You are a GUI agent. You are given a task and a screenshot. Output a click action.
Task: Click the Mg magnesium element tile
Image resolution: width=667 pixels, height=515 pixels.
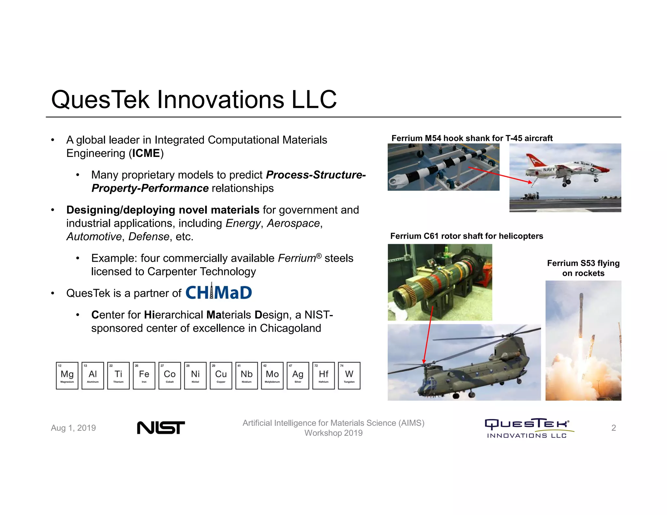point(67,375)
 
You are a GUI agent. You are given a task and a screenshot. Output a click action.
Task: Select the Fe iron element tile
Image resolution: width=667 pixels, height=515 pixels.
point(144,375)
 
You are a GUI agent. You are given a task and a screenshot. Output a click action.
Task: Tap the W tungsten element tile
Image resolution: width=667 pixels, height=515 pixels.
point(349,375)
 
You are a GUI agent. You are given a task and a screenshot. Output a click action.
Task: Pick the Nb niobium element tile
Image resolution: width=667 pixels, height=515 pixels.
point(247,375)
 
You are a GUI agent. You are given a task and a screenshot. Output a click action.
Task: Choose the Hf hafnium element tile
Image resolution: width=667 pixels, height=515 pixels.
point(323,375)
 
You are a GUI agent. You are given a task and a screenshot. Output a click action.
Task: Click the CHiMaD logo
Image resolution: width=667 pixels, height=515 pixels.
point(219,292)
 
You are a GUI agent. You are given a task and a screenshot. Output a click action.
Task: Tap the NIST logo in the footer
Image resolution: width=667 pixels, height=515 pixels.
point(161,427)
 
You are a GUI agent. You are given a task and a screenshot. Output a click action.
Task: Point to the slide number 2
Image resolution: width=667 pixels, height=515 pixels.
point(614,428)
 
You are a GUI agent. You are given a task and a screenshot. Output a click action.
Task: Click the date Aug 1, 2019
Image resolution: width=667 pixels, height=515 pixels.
point(73,428)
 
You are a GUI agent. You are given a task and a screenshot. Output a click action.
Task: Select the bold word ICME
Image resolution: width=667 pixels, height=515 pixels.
point(146,153)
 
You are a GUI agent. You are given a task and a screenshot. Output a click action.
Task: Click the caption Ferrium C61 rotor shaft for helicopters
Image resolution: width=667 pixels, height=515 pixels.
point(466,236)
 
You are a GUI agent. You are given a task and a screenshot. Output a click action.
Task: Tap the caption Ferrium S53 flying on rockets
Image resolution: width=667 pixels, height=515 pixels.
point(583,268)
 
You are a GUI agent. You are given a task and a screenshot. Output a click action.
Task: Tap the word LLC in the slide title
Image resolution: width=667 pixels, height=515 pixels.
point(314,99)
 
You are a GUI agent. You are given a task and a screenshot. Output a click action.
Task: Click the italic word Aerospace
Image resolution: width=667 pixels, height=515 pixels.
point(293,223)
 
